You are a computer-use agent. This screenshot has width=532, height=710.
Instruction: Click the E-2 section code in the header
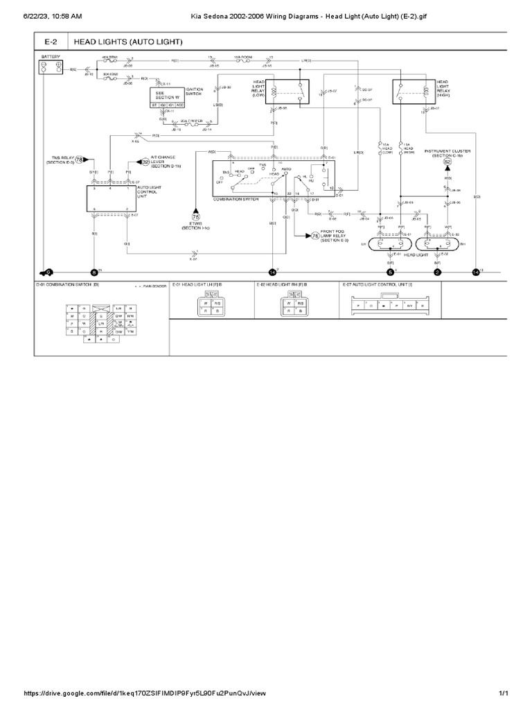click(x=52, y=42)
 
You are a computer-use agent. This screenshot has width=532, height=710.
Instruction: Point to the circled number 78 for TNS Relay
click(x=79, y=159)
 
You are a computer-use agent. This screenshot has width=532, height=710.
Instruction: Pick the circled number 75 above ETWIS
click(x=195, y=216)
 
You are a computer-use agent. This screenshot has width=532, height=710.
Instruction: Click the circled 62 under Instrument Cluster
click(x=447, y=163)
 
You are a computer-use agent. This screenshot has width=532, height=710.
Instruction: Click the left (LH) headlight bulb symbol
click(x=390, y=244)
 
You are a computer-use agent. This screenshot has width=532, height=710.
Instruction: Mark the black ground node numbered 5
click(x=391, y=272)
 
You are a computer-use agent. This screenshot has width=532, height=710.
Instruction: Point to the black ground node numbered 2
click(x=437, y=272)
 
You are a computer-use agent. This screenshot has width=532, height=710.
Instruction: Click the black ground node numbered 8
click(x=95, y=272)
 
